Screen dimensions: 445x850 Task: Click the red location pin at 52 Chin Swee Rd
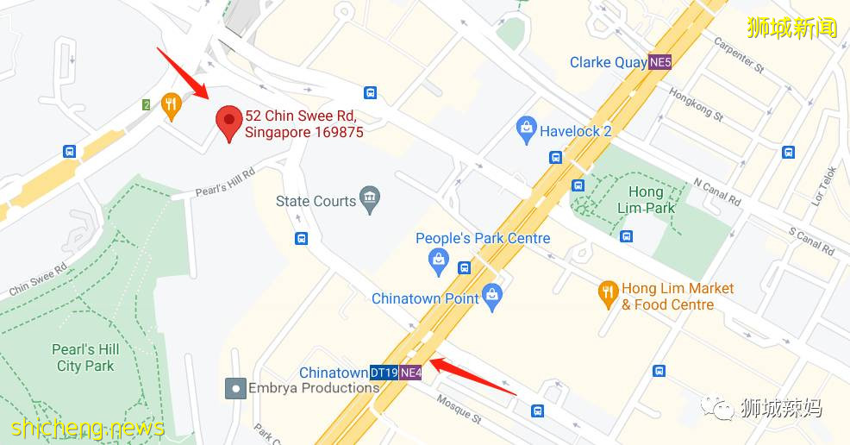pyautogui.click(x=228, y=122)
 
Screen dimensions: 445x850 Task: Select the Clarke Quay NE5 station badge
pyautogui.click(x=660, y=62)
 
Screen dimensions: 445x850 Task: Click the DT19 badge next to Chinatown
pyautogui.click(x=384, y=373)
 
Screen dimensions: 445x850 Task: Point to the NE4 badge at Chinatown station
pyautogui.click(x=411, y=373)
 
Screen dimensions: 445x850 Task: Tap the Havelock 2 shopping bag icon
pyautogui.click(x=526, y=131)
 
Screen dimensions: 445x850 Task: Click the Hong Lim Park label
pyautogui.click(x=646, y=199)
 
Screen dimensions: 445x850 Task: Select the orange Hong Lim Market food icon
pyautogui.click(x=609, y=295)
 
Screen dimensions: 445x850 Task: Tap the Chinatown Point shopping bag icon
pyautogui.click(x=492, y=298)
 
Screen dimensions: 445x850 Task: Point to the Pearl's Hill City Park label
pyautogui.click(x=85, y=358)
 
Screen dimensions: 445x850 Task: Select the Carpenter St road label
pyautogui.click(x=744, y=53)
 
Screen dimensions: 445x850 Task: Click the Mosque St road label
pyautogui.click(x=458, y=411)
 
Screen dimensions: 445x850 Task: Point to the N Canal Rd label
pyautogui.click(x=717, y=191)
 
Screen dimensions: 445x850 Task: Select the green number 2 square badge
pyautogui.click(x=147, y=105)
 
